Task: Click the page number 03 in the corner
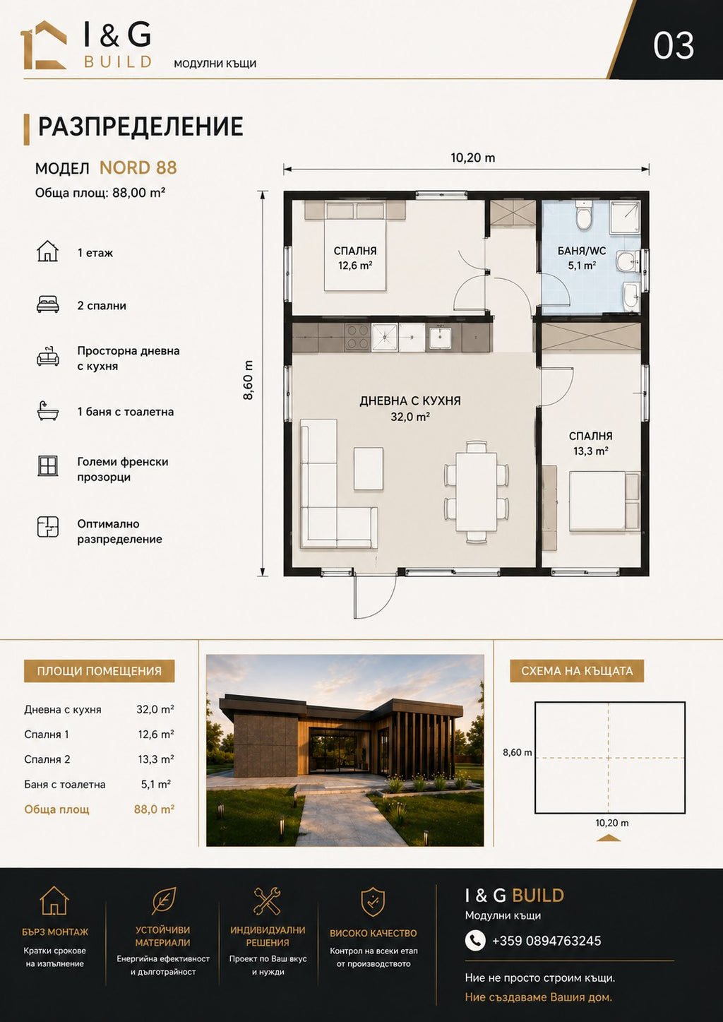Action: [x=674, y=46]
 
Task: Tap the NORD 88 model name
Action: [x=138, y=168]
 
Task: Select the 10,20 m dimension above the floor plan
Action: [x=472, y=158]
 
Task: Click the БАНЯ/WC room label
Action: [x=582, y=251]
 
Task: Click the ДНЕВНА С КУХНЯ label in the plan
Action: [x=410, y=401]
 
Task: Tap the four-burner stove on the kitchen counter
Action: [x=358, y=337]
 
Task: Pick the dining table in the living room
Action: [x=476, y=492]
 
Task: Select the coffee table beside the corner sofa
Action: [x=369, y=468]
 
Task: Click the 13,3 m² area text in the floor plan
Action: [x=591, y=451]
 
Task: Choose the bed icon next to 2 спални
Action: [x=48, y=305]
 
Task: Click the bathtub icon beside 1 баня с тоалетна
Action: [x=48, y=411]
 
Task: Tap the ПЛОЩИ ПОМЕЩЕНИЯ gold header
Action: [x=99, y=671]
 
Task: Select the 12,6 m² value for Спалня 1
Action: [x=156, y=735]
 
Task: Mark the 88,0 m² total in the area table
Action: [x=154, y=809]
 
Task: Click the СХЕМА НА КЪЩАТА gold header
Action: [x=577, y=671]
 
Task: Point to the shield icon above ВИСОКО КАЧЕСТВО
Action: [x=373, y=899]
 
